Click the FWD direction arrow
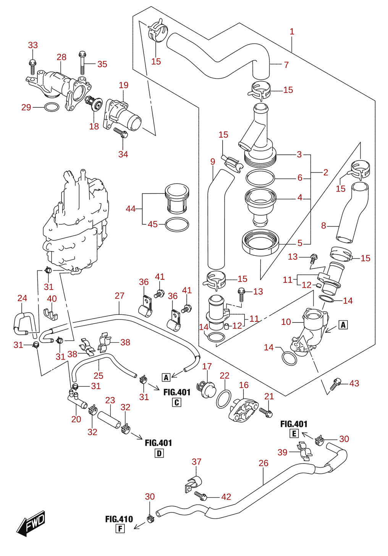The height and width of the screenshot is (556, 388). coord(31,523)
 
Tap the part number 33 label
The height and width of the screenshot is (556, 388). coord(33,45)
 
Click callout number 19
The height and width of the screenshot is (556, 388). coord(124,85)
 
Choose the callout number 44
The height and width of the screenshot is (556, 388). coord(131,209)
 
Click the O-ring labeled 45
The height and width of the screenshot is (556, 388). coord(177,224)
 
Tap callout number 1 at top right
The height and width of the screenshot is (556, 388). coord(292,31)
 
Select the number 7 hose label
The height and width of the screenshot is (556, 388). coord(286,65)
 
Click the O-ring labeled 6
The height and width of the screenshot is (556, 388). coord(260,178)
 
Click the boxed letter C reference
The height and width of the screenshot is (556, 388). coord(177,402)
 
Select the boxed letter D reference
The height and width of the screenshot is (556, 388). coord(159,454)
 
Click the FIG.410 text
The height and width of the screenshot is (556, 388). coord(119,519)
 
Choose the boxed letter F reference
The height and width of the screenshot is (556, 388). coord(120,529)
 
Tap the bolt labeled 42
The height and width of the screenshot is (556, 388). coord(201,496)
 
